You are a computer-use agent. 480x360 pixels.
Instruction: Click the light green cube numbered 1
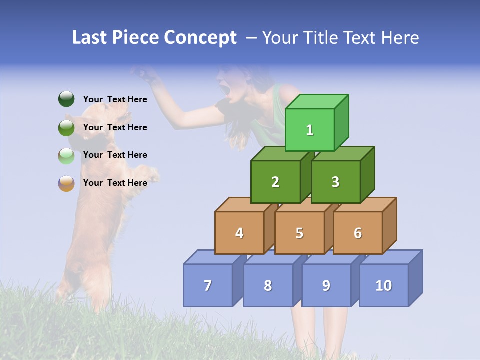(310, 130)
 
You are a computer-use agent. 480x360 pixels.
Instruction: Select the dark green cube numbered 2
(275, 182)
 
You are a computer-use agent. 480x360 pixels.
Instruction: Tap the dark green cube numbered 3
(335, 182)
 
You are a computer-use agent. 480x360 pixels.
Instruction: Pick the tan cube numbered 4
(239, 233)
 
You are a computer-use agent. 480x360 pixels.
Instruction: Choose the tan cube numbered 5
(299, 233)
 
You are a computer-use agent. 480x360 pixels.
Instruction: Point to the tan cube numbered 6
(358, 233)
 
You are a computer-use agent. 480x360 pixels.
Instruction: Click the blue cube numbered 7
(208, 285)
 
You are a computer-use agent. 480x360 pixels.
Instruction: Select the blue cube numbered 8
(268, 285)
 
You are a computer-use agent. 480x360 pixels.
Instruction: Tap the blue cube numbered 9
(326, 285)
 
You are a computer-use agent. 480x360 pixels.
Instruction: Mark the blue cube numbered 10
(384, 285)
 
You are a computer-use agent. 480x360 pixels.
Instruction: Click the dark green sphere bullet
(66, 99)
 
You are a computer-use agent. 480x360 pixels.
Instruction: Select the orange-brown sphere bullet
(66, 183)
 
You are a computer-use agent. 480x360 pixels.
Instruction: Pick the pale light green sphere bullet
(66, 156)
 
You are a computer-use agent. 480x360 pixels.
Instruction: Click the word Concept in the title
(201, 38)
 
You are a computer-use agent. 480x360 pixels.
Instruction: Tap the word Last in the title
(90, 38)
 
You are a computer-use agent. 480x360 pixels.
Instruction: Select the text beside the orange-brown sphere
(115, 183)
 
